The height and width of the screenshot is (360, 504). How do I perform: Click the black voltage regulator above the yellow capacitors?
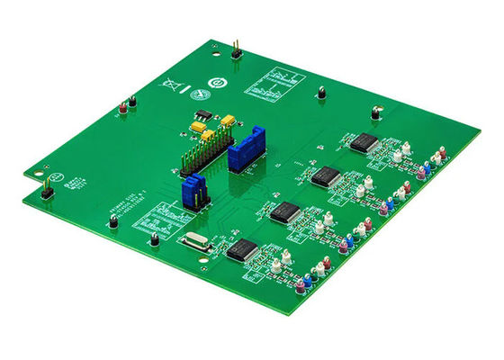point(204,115)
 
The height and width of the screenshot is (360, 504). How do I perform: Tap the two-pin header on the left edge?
point(44,187)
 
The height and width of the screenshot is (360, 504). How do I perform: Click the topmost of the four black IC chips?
point(364,142)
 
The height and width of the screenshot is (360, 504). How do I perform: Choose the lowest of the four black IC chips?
point(244,249)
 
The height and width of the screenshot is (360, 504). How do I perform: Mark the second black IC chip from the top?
point(326,176)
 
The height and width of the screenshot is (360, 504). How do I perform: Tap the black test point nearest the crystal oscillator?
point(155,239)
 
